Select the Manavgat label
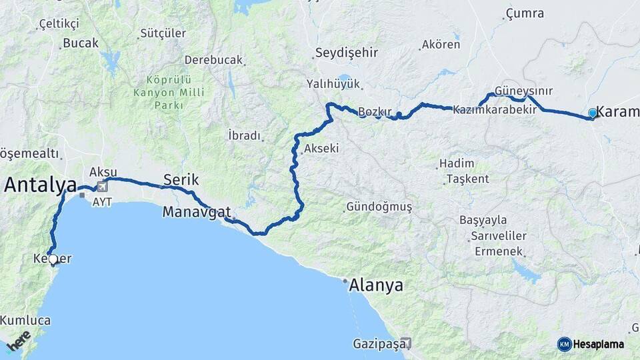197,212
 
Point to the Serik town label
181,179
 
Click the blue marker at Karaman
592,114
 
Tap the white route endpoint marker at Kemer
53,259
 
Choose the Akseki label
321,149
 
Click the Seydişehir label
346,53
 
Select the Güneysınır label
523,91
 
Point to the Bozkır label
373,111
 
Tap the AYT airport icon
102,187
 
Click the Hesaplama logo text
598,344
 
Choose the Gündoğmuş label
378,207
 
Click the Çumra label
525,13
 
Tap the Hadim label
457,163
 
